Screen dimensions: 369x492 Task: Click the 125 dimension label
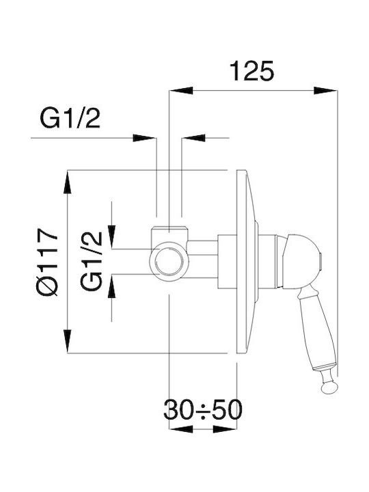252,71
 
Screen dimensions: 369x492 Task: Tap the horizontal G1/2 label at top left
70,118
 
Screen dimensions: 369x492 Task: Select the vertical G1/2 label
92,261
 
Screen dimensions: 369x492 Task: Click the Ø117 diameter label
47,262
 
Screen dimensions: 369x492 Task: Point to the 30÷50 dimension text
203,410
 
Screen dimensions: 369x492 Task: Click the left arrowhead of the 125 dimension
181,90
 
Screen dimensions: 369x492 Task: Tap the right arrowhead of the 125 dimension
325,90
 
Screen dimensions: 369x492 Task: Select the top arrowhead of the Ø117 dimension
68,182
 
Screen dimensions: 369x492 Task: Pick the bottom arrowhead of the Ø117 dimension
68,341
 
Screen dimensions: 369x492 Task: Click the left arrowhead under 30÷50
181,429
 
